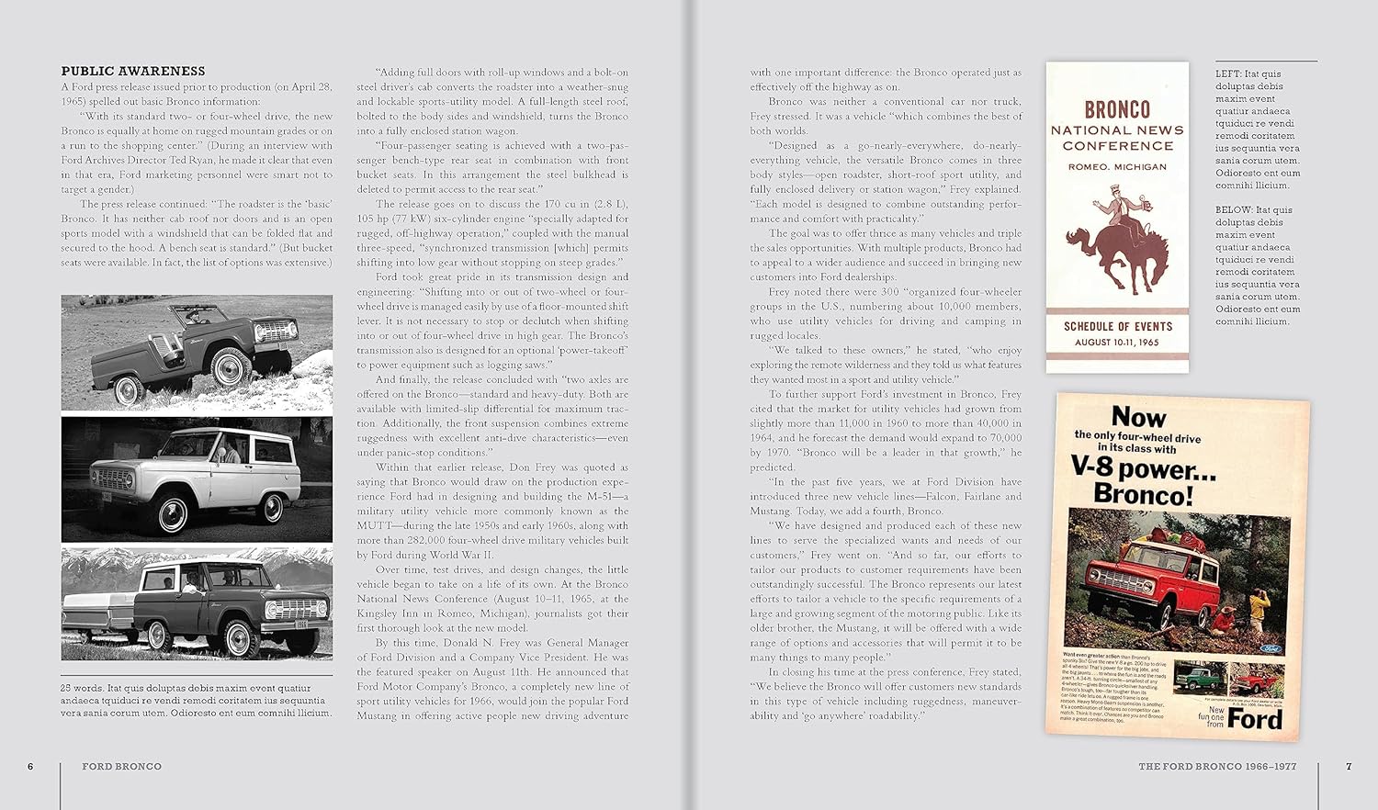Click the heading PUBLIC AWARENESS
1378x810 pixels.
[x=132, y=71]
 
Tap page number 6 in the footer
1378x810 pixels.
[x=30, y=766]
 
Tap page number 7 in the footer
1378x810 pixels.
[x=1349, y=766]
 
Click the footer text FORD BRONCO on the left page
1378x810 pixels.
[x=121, y=766]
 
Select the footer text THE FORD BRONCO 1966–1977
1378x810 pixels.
[x=1217, y=766]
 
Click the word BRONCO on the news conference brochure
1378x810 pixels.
[x=1117, y=109]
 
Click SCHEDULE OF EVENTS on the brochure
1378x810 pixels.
[x=1118, y=326]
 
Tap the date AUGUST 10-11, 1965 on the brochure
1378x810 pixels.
[x=1117, y=343]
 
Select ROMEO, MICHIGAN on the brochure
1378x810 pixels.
[x=1117, y=167]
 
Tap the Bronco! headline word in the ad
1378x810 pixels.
[x=1143, y=495]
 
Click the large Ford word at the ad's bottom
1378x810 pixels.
[x=1255, y=718]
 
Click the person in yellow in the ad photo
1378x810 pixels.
[x=1257, y=610]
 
